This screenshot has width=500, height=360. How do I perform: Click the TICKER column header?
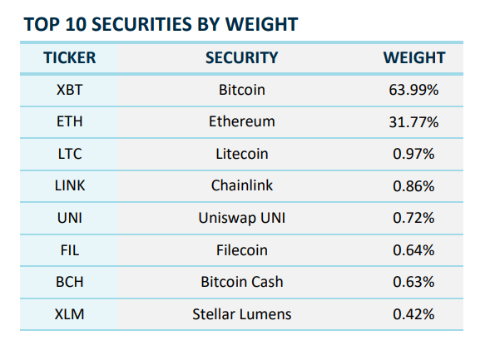[x=69, y=57]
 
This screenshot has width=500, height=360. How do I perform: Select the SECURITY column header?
[x=241, y=57]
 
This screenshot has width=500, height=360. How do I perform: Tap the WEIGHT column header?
[x=413, y=57]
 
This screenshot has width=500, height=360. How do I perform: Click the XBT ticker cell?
[x=69, y=90]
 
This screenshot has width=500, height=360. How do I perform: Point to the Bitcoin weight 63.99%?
[x=413, y=90]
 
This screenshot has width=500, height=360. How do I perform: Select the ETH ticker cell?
[x=69, y=122]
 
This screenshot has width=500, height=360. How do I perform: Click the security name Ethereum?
[x=241, y=122]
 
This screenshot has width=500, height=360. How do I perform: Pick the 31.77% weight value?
[x=413, y=122]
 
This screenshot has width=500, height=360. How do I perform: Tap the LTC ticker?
[x=69, y=154]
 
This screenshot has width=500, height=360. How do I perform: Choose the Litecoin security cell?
[x=241, y=154]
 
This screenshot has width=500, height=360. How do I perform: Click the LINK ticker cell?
[x=69, y=186]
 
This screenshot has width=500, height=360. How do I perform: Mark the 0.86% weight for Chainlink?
[x=413, y=186]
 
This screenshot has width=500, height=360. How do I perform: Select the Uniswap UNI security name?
[x=241, y=218]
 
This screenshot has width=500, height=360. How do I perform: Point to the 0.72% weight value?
[x=413, y=218]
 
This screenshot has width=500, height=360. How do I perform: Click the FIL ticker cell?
[x=69, y=249]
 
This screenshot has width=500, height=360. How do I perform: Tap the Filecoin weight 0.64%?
[x=413, y=249]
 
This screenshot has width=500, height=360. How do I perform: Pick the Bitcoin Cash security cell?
[x=241, y=282]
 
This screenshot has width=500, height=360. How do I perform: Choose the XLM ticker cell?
[x=69, y=314]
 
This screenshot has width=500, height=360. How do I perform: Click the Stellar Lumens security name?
[x=241, y=314]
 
